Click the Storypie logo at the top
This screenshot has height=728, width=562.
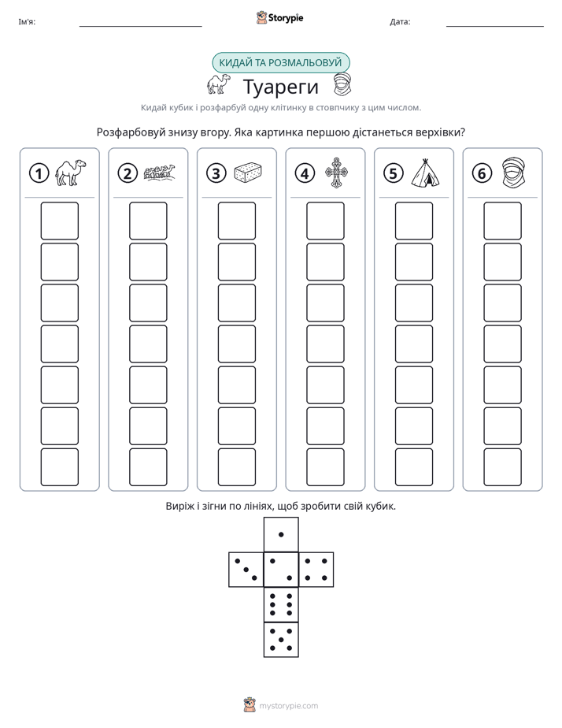(279, 17)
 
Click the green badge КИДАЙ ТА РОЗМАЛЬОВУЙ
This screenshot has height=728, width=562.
(280, 63)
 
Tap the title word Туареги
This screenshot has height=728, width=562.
(280, 87)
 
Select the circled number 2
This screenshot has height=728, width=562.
(128, 173)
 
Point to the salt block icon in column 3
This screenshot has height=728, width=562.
(248, 173)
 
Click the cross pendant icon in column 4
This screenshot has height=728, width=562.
(336, 173)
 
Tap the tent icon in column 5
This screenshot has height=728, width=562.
(425, 173)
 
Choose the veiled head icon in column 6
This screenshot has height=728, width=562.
(514, 173)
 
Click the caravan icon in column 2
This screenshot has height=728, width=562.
(160, 173)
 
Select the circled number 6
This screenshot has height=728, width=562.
(482, 173)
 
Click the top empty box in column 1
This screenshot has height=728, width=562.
(59, 221)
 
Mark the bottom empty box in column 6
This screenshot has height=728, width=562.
(503, 467)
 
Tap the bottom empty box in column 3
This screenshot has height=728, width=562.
(236, 467)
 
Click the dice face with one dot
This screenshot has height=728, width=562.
(281, 534)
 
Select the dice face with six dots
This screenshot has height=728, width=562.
(281, 604)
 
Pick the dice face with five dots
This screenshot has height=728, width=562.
(281, 640)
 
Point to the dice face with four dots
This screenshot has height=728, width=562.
(316, 570)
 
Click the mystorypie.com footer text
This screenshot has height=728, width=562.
(288, 706)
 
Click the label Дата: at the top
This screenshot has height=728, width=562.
(400, 21)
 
